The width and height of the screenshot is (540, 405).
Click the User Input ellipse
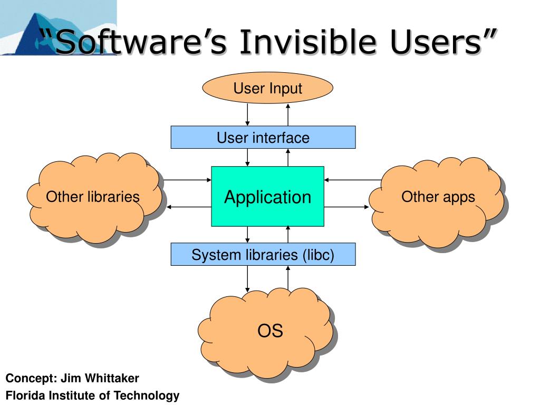[x=268, y=88]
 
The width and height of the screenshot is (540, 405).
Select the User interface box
[x=263, y=138]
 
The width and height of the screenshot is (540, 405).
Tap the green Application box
[x=267, y=197]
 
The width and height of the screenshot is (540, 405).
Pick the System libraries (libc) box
[x=263, y=255]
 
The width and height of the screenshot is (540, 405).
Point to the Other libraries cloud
[x=93, y=198]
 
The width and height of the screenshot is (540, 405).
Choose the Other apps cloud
[x=438, y=197]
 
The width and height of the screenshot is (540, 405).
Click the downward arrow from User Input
[x=247, y=114]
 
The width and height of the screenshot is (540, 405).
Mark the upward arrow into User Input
[x=288, y=114]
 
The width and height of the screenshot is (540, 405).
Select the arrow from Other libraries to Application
[x=187, y=180]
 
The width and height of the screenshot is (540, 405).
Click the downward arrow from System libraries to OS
[x=247, y=278]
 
